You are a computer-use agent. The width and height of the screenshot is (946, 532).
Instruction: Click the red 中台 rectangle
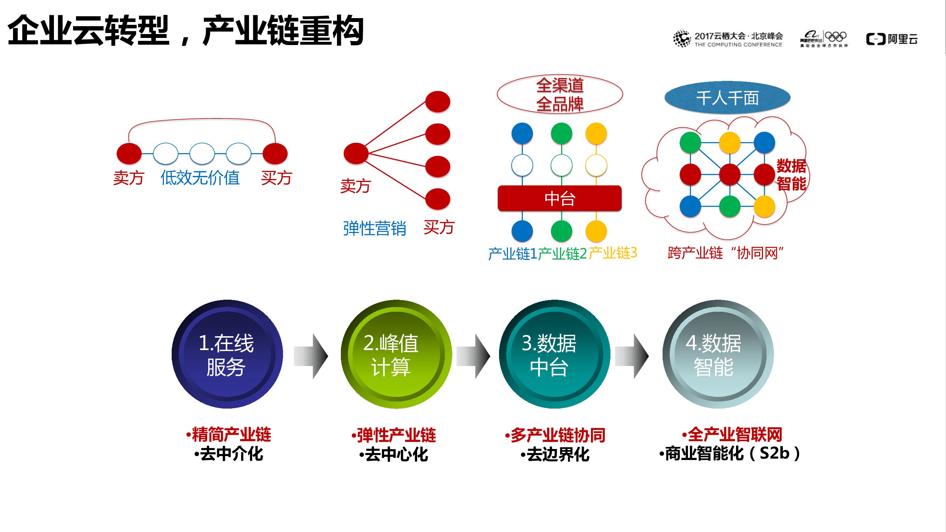[x=559, y=198]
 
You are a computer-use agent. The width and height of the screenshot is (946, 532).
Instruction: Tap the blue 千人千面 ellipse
[x=727, y=98]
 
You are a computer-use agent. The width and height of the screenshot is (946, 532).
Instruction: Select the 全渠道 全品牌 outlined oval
[x=560, y=94]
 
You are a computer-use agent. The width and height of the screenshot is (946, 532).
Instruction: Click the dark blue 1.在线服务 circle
[x=227, y=354]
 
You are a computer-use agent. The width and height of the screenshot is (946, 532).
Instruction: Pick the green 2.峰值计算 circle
[x=396, y=354]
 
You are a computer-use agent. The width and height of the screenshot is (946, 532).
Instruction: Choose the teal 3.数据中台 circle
[x=554, y=354]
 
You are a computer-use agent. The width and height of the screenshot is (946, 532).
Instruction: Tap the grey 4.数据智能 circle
[x=718, y=354]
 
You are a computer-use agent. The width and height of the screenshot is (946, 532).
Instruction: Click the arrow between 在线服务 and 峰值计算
[x=311, y=356]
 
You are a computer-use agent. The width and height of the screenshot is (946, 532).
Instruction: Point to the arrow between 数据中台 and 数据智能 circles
[x=632, y=356]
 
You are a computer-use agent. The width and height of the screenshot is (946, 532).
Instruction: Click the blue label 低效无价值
[x=200, y=178]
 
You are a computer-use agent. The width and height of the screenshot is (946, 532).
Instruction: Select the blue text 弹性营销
[x=375, y=228]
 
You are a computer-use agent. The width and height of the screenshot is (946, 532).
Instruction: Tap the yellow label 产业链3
[x=613, y=253]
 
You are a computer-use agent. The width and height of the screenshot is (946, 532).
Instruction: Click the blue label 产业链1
[x=512, y=254]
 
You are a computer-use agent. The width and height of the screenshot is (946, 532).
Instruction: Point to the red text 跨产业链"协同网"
[x=726, y=253]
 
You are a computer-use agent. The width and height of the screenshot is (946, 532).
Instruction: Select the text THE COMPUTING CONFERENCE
[x=738, y=45]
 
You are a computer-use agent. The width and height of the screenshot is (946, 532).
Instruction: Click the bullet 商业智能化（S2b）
[x=729, y=454]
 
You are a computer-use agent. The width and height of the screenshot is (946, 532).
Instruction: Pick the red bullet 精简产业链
[x=228, y=435]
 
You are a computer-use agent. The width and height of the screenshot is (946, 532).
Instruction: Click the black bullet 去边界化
[x=555, y=455]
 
